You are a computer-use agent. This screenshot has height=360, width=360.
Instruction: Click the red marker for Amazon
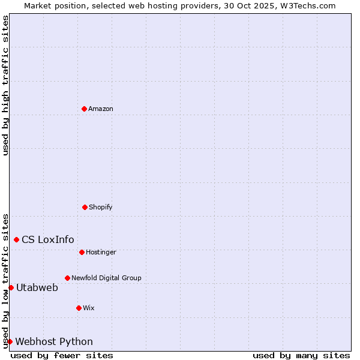pos(84,109)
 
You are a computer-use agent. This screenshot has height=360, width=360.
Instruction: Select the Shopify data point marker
pos(85,207)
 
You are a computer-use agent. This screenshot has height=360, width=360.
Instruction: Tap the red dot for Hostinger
pos(82,252)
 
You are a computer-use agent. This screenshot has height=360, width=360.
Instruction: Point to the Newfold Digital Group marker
pos(67,278)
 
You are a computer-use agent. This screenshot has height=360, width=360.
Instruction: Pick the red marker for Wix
pos(79,308)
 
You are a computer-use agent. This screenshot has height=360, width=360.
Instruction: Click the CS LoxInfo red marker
pos(16,239)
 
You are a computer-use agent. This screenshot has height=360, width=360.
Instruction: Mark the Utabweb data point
pos(11,287)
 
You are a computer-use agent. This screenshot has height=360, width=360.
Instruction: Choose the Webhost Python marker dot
pos(10,341)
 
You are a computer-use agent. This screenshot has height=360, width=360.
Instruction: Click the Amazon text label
pos(101,109)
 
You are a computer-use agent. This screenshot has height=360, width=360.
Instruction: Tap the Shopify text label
pos(101,207)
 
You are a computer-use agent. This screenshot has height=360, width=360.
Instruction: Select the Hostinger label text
pos(101,252)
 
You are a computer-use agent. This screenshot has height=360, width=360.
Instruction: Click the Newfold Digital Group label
pos(107,278)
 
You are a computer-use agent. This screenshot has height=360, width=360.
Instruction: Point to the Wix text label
pos(89,308)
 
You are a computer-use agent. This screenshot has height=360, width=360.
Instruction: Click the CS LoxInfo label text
pos(48,239)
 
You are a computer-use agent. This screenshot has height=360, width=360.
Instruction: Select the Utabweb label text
pos(37,287)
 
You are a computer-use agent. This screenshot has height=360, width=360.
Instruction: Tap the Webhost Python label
pos(54,341)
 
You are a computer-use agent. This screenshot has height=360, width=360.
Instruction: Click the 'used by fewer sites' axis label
pos(62,355)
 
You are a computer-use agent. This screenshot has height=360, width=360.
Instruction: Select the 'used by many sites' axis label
pos(301,355)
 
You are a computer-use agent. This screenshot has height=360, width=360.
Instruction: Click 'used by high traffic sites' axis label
pos(5,85)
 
